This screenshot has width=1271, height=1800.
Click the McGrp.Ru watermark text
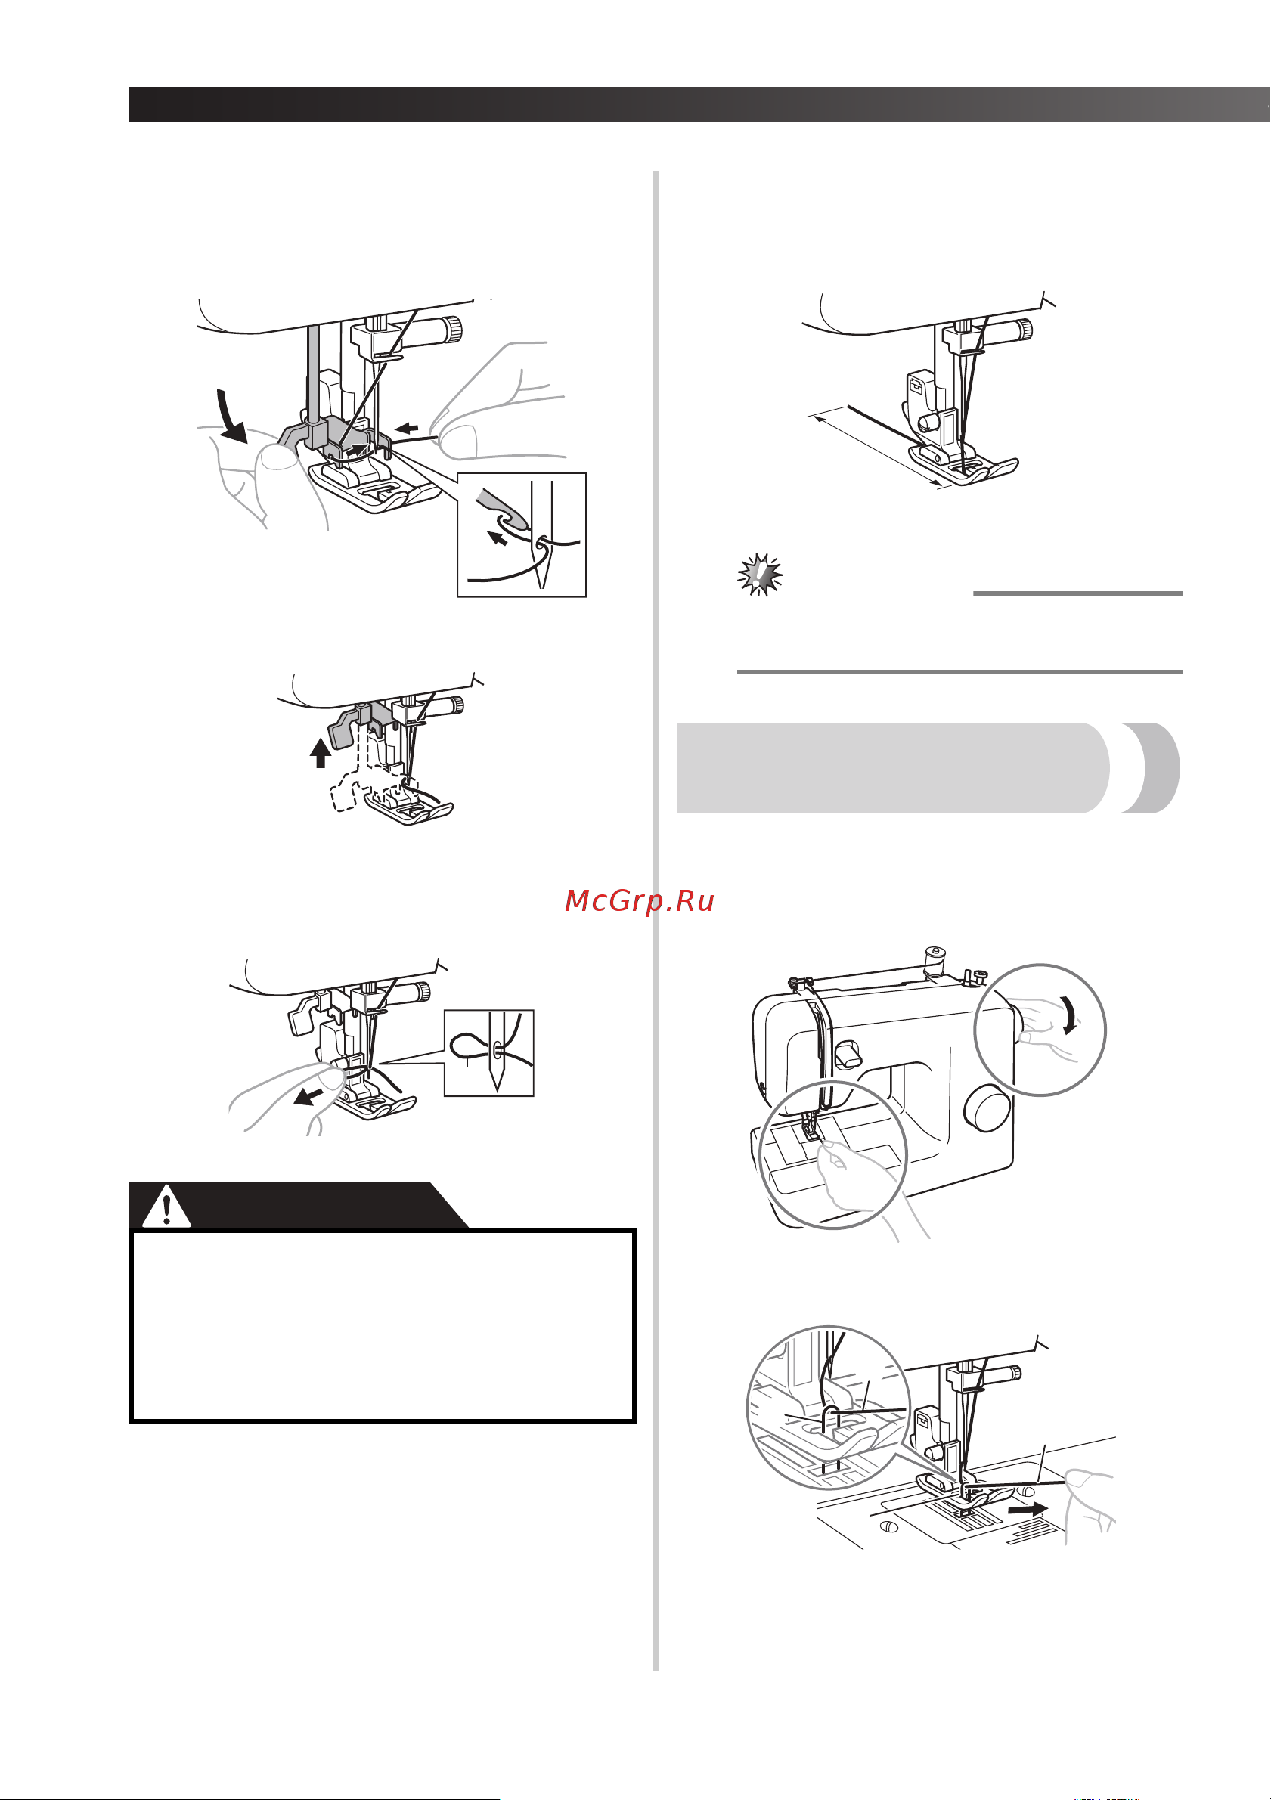pos(639,902)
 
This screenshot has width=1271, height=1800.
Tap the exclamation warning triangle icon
pos(166,1207)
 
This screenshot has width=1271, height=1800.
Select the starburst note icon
pos(760,575)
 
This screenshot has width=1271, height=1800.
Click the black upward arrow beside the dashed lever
pos(320,752)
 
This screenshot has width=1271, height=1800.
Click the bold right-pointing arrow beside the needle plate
pos(1027,1508)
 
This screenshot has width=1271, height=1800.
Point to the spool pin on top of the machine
pos(933,962)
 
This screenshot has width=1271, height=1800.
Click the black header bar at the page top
pos(699,104)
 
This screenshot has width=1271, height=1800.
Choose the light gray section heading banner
pos(928,767)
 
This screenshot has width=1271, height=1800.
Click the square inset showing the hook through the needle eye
pos(522,534)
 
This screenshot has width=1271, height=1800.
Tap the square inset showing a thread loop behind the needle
pos(489,1053)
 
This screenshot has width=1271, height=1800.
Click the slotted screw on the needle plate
pos(889,1526)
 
